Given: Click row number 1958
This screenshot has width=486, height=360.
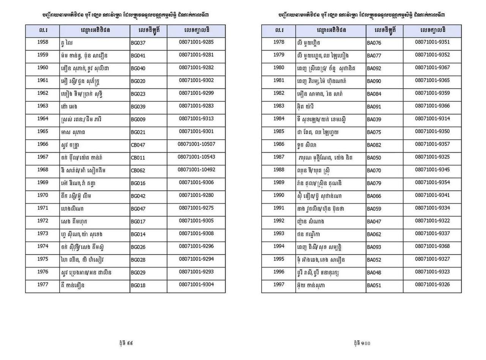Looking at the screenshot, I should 43,42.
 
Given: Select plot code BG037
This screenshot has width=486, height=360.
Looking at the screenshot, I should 138,43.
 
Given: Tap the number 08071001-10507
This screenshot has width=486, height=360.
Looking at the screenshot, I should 196,144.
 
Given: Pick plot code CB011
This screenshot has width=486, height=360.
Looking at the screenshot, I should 137,157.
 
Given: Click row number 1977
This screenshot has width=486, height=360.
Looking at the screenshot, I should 43,285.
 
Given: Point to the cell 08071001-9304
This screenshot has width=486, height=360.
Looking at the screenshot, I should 196,285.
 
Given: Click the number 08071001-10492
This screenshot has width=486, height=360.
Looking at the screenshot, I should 196,170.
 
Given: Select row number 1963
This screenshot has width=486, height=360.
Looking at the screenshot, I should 43,106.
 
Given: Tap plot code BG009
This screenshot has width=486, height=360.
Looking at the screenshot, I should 138,119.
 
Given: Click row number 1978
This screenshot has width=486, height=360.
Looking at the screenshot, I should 279,42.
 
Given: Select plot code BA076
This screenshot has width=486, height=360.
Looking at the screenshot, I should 374,43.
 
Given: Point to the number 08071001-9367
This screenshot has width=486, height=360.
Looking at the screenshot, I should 432,68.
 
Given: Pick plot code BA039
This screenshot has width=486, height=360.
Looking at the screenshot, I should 374,119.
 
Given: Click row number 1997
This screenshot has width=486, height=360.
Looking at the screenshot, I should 279,285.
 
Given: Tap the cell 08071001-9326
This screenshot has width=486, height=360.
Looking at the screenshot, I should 432,285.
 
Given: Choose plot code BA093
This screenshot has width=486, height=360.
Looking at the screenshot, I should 374,247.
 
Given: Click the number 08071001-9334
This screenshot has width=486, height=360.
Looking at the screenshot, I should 432,208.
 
